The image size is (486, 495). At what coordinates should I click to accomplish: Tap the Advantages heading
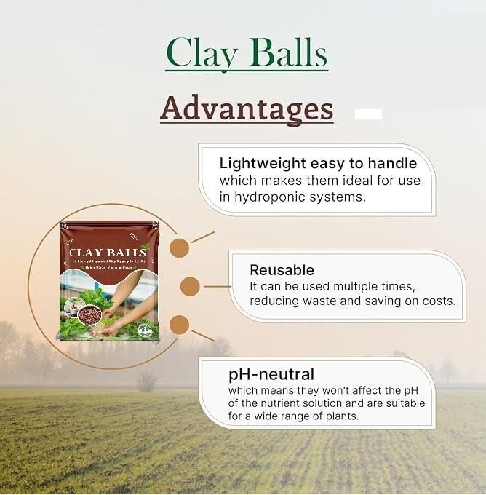pyautogui.click(x=247, y=108)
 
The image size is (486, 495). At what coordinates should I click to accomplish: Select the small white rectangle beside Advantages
pyautogui.click(x=368, y=114)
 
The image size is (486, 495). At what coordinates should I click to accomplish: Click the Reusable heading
pyautogui.click(x=282, y=270)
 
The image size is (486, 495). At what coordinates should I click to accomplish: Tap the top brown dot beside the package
pyautogui.click(x=179, y=247)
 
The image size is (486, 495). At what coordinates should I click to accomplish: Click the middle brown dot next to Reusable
pyautogui.click(x=190, y=286)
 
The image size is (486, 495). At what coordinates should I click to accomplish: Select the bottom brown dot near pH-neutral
pyautogui.click(x=179, y=325)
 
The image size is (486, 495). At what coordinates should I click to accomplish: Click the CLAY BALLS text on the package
pyautogui.click(x=107, y=253)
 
